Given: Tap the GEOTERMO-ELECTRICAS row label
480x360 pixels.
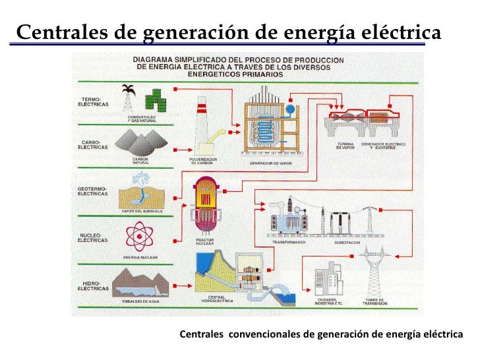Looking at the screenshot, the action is pyautogui.click(x=92, y=192).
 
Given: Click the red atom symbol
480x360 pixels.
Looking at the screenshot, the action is pyautogui.click(x=139, y=235).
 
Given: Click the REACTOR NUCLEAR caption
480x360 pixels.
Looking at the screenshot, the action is pyautogui.click(x=205, y=242).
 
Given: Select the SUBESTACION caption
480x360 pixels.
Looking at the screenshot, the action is pyautogui.click(x=347, y=243).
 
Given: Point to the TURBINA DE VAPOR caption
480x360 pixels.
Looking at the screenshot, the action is pyautogui.click(x=345, y=146).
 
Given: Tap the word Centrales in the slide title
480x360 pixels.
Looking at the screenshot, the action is pyautogui.click(x=55, y=32).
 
